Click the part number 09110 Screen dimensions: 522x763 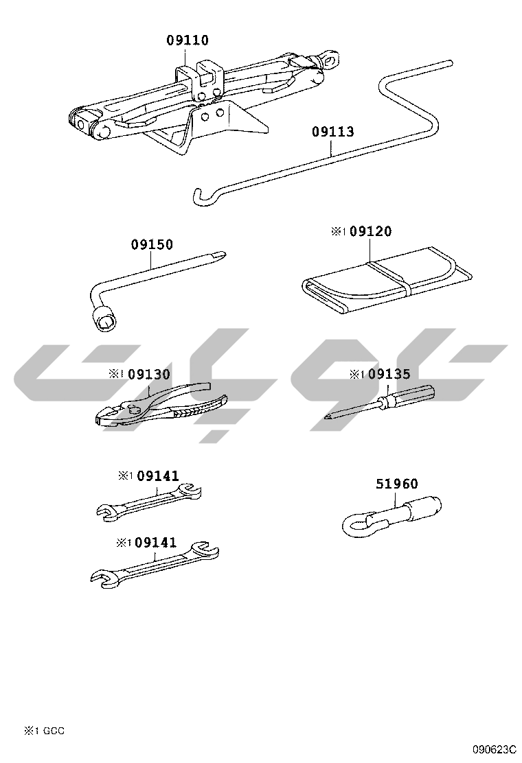coord(188,40)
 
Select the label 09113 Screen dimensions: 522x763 coord(333,131)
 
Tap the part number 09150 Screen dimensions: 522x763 coord(152,244)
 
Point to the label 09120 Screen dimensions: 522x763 coord(371,231)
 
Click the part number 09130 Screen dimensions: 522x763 coord(150,374)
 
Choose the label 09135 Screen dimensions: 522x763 coord(389,374)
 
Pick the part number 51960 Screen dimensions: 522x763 coord(397,484)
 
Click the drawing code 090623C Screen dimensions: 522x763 coord(493,749)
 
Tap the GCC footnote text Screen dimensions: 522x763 coord(54,730)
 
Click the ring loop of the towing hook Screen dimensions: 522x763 coord(357,525)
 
